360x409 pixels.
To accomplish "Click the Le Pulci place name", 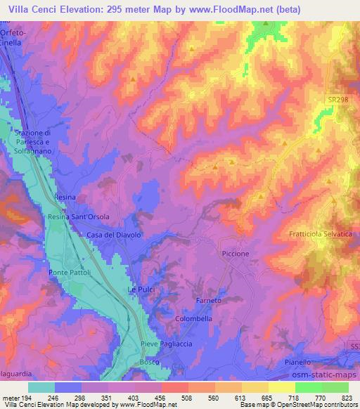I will [x=140, y=290].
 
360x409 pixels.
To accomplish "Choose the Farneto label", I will [x=209, y=300].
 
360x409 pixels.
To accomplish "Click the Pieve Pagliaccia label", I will [x=166, y=344].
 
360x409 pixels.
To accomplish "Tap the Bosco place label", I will [x=149, y=361].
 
